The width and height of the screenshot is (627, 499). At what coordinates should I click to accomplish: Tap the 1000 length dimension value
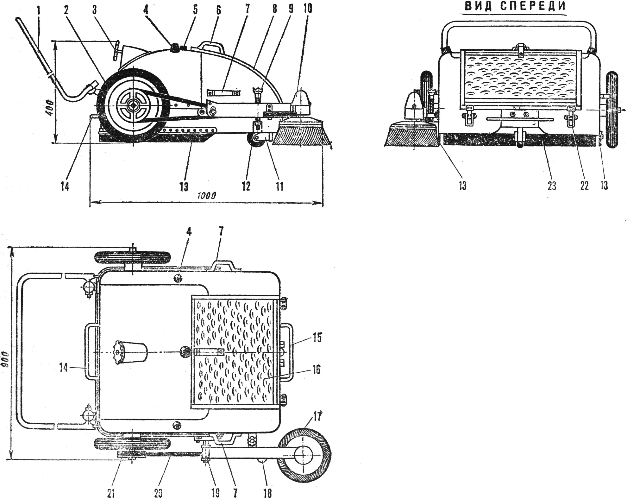(206, 195)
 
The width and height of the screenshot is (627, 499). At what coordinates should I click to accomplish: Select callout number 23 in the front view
(552, 186)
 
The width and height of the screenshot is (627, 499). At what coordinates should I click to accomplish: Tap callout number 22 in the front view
(584, 186)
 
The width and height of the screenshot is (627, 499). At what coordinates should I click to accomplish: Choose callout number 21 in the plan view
(111, 493)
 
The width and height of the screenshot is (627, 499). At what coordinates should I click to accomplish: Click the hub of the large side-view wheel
(133, 105)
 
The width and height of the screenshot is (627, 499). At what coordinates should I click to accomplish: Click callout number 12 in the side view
(246, 186)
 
